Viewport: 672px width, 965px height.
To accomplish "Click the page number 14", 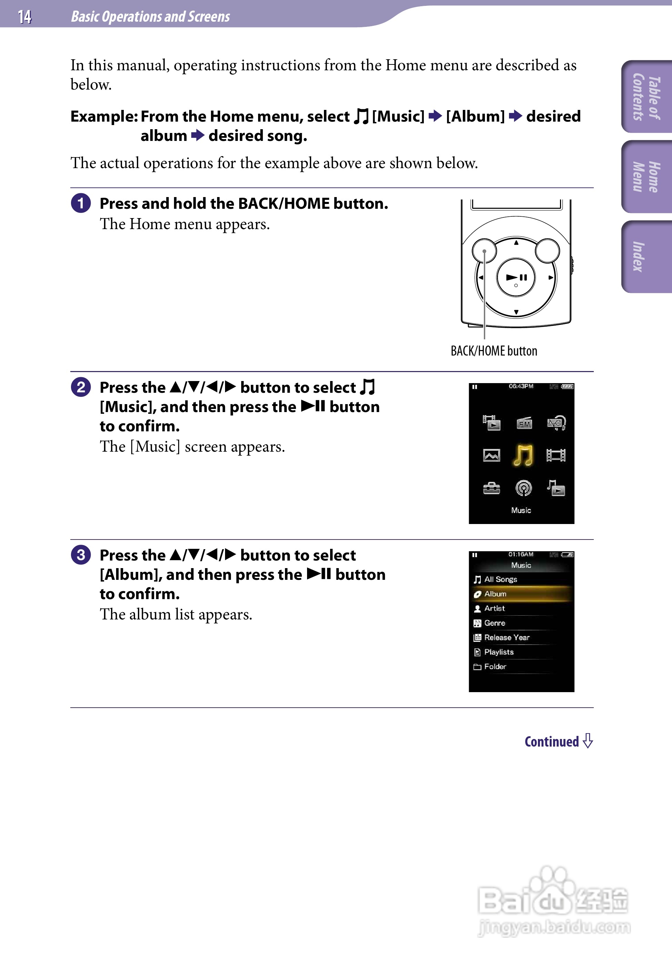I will [x=24, y=17].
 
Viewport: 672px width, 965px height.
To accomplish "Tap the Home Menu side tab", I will [x=646, y=176].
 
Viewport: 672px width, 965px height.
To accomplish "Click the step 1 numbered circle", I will [x=81, y=203].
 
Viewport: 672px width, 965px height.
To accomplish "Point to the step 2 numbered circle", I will [x=81, y=387].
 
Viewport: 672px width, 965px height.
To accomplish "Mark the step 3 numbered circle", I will [x=81, y=555].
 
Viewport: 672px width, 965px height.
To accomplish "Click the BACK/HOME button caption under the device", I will [x=494, y=351].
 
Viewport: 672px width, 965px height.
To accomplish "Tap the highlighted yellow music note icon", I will [x=523, y=455].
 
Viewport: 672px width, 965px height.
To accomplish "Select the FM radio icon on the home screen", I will [x=524, y=423].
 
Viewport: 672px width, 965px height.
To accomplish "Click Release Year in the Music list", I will [x=507, y=638].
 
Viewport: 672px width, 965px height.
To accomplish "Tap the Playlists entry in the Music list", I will [x=499, y=652].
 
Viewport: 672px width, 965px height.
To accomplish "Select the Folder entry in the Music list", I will [x=495, y=667].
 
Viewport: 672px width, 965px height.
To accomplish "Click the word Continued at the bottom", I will [x=552, y=741].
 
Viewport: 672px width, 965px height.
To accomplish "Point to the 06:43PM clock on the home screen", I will [x=521, y=386].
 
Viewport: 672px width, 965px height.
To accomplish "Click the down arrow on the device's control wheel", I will [x=516, y=312].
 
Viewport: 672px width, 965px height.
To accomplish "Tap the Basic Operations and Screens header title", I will [x=150, y=17].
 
